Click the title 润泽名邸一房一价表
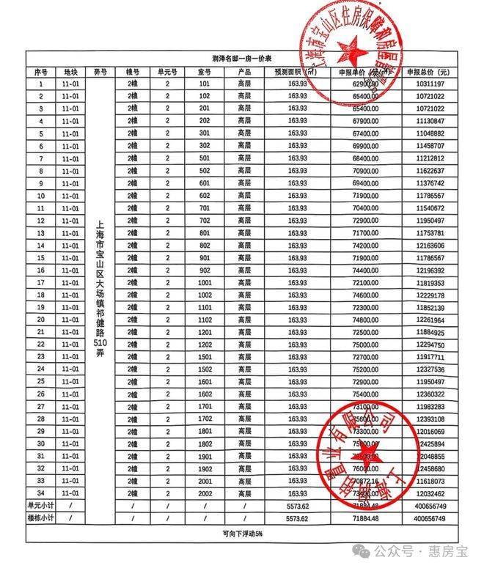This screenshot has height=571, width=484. (241, 58)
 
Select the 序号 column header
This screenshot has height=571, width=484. (41, 72)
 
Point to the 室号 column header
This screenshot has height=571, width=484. (204, 72)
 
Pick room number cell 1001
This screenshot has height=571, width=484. (204, 282)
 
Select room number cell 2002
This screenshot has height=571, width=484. (204, 493)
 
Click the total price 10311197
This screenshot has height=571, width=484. (429, 84)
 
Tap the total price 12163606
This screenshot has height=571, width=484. (429, 245)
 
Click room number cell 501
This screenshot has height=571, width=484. (204, 158)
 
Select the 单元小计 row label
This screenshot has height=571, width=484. (41, 506)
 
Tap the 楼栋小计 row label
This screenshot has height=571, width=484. (41, 518)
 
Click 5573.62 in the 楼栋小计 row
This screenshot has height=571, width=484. (298, 518)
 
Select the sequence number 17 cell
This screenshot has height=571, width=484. (41, 282)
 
